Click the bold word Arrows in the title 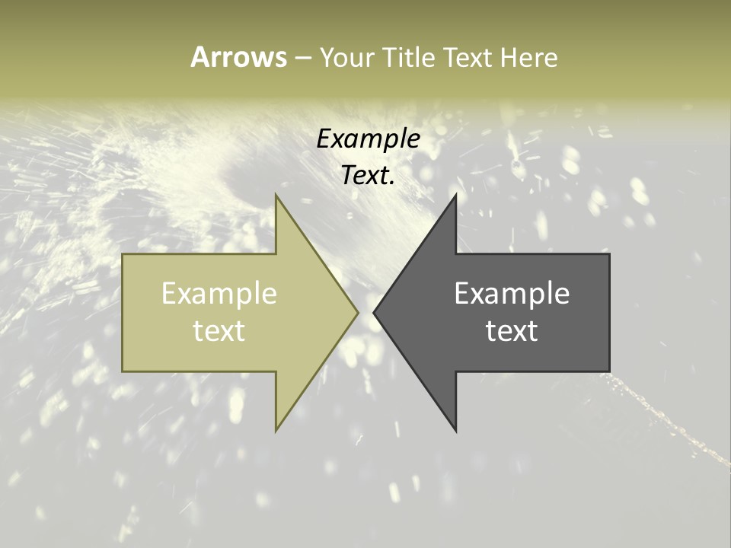[238, 57]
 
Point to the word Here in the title [528, 57]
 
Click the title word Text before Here [468, 57]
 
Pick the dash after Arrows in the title [303, 58]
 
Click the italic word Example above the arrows [369, 139]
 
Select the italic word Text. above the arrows [369, 175]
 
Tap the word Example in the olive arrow [219, 293]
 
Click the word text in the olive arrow [219, 331]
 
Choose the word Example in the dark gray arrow [512, 293]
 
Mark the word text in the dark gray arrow [512, 331]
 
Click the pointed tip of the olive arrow [357, 312]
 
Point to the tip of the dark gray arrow [374, 312]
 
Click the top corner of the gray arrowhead [455, 196]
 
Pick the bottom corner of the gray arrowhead [455, 429]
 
